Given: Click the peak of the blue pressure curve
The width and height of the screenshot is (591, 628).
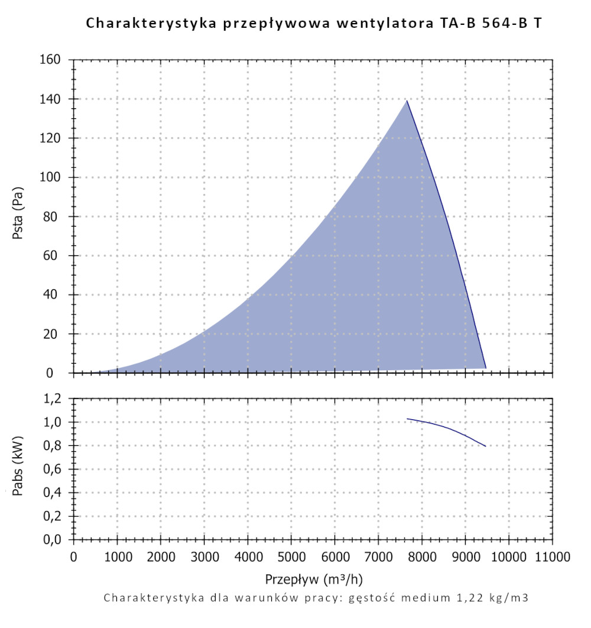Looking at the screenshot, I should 407,101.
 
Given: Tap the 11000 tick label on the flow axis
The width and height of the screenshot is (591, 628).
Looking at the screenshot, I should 553,557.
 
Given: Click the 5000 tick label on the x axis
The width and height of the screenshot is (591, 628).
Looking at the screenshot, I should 291,557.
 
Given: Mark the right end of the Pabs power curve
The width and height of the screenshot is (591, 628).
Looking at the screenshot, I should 486,446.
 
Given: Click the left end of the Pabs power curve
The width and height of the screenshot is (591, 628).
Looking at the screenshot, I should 407,419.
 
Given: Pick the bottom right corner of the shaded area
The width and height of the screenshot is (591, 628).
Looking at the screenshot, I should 486,368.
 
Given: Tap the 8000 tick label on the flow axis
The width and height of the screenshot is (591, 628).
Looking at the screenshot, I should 421,557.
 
